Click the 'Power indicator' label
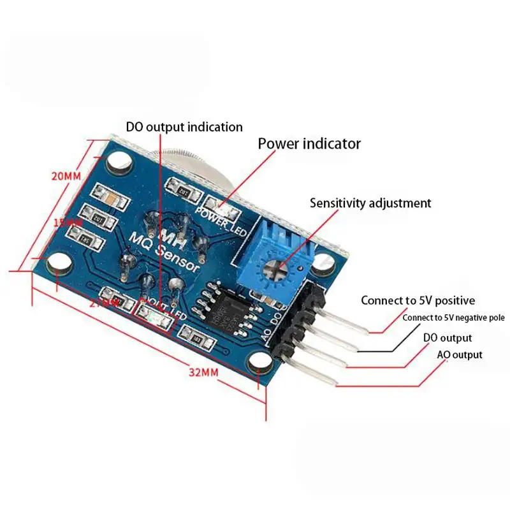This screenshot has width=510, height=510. click(309, 143)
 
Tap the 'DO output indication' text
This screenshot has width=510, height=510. click(184, 127)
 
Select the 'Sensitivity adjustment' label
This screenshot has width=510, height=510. click(370, 203)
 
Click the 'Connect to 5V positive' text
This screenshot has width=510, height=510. click(418, 300)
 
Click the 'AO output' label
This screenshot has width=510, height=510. click(459, 355)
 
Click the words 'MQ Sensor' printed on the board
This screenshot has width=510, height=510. click(165, 251)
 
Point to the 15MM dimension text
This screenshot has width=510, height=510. click(66, 223)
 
